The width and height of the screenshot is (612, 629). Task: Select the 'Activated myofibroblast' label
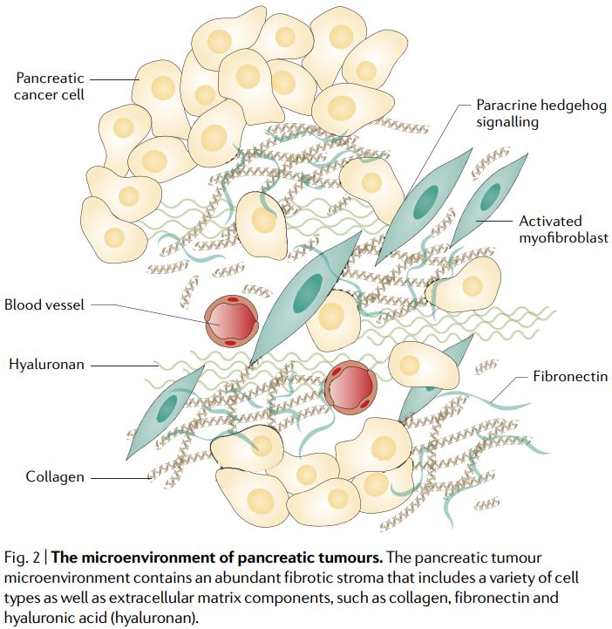tap(563, 229)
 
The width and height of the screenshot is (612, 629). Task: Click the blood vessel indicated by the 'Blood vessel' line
tap(232, 322)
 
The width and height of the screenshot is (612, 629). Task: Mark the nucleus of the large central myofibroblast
tap(306, 293)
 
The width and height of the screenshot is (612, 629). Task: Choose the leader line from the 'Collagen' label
tap(121, 477)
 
